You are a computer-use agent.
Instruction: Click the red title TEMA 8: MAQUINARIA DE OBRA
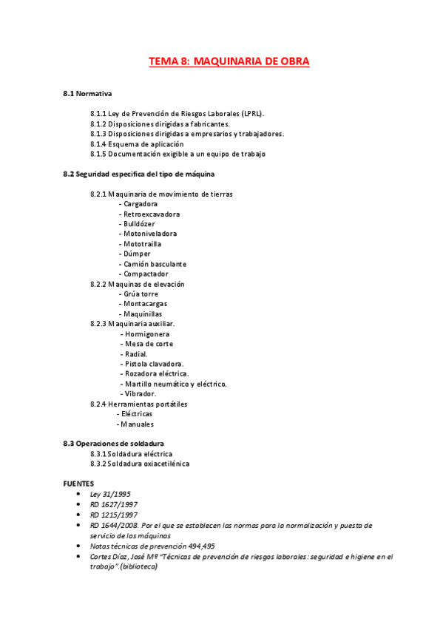click(229, 61)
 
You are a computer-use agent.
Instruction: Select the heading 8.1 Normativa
click(87, 94)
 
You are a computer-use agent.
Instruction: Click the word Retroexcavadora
click(151, 214)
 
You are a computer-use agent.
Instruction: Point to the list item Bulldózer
click(141, 223)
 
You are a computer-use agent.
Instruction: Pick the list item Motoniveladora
click(150, 234)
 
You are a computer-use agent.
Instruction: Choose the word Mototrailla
click(142, 243)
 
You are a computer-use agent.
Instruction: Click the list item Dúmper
click(137, 254)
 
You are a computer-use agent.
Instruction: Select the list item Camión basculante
click(155, 263)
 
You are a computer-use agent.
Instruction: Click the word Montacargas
click(145, 303)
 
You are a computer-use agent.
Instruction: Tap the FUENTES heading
click(78, 482)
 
